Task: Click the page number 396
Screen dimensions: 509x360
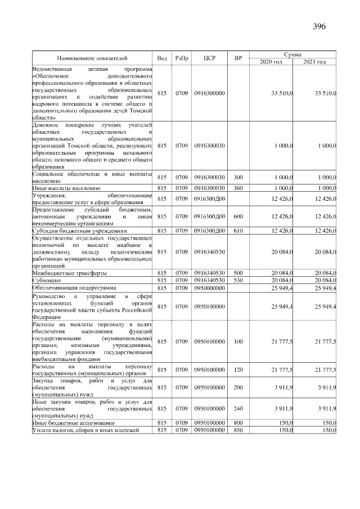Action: [319, 26]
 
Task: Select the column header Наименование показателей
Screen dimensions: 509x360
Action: [92, 58]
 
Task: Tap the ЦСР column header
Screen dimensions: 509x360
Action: [209, 58]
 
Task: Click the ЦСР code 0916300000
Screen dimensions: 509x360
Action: [209, 92]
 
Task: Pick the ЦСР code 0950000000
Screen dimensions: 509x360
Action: [209, 287]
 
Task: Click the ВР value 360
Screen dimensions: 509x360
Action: [238, 187]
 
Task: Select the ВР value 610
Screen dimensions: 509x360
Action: [238, 231]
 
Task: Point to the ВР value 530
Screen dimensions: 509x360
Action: [238, 280]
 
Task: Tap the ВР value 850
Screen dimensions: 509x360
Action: [238, 430]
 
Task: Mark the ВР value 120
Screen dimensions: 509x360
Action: [238, 370]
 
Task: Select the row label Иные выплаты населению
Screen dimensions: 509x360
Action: [66, 187]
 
